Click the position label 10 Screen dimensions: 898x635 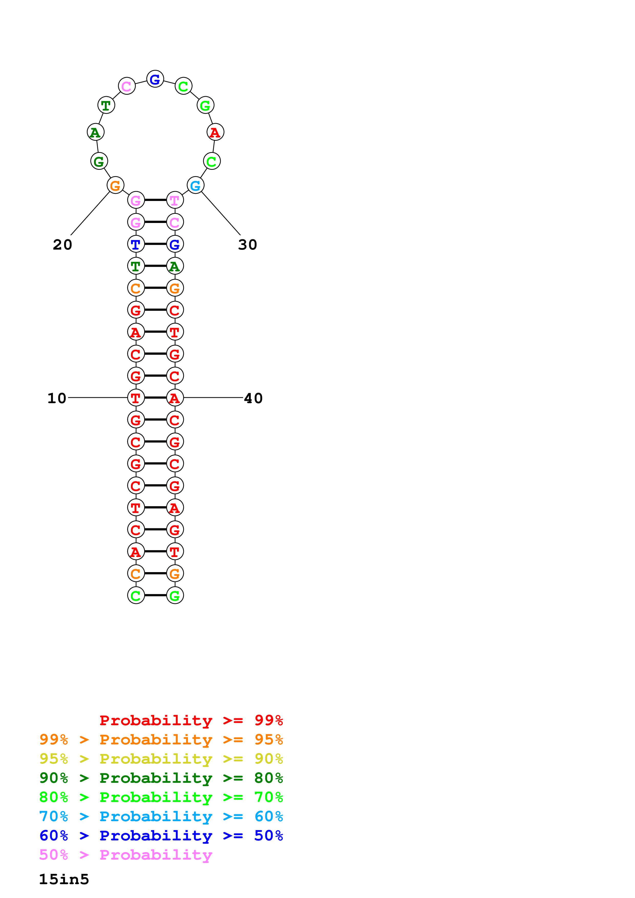[x=57, y=398]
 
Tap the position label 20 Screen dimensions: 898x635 [x=63, y=245]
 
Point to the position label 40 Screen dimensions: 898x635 [x=253, y=398]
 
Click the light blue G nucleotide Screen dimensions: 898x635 [x=195, y=185]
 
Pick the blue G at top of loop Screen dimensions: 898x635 [x=155, y=79]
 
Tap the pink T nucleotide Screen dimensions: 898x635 [x=175, y=200]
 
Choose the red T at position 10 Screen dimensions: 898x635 [x=136, y=398]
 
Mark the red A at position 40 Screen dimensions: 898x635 [x=175, y=398]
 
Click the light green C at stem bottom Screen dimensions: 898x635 [x=136, y=596]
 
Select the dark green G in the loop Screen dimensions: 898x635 [x=99, y=161]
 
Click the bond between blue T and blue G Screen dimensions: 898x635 [x=155, y=244]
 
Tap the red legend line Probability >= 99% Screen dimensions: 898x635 [x=191, y=720]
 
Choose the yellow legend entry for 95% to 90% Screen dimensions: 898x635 [x=161, y=759]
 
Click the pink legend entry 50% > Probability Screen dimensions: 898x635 [x=126, y=855]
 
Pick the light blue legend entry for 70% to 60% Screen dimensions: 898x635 [x=161, y=817]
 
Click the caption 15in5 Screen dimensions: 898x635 [x=64, y=880]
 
